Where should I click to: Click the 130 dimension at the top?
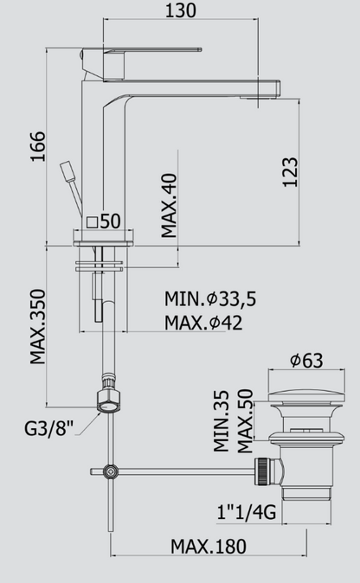pos(180,10)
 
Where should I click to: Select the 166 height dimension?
pos(38,146)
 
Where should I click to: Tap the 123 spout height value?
pos(291,172)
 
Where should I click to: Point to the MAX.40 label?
pos(169,206)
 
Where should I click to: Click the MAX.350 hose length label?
pos(38,327)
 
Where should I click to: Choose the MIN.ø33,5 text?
pos(210,299)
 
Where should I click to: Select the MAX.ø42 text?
pos(203,323)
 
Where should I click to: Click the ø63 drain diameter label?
pos(306,361)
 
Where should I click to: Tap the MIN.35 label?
pos(222,421)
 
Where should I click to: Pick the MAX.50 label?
pos(246,421)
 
